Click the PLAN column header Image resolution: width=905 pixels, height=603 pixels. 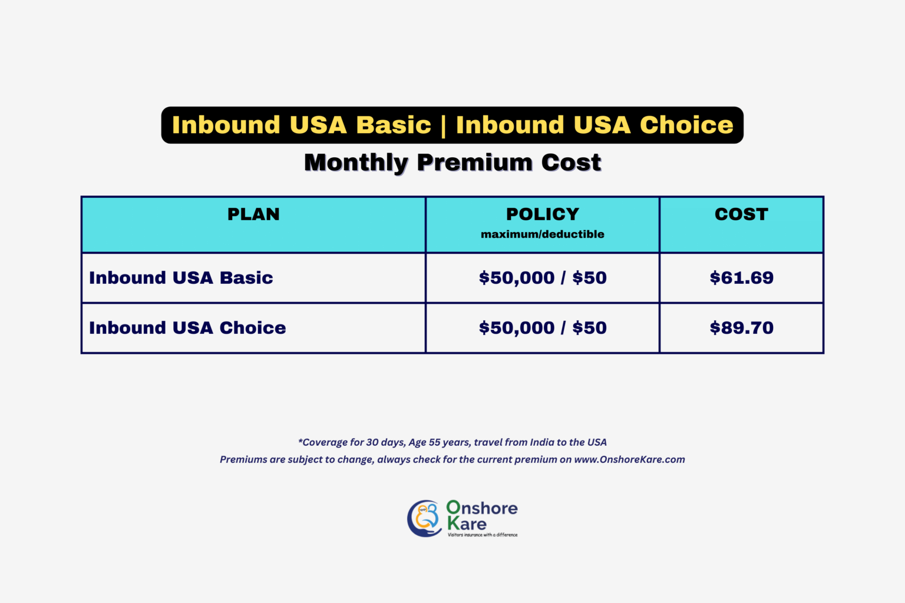click(253, 214)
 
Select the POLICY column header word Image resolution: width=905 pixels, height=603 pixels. click(543, 214)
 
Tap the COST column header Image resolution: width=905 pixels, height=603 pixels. click(741, 214)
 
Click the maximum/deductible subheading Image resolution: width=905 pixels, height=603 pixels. click(543, 234)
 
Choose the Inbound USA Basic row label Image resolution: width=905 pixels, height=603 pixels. click(181, 278)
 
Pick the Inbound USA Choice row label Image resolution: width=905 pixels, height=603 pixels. click(187, 328)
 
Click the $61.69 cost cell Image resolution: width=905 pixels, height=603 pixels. click(741, 278)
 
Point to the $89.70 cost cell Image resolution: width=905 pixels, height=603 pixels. click(741, 328)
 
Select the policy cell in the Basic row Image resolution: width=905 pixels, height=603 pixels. click(543, 278)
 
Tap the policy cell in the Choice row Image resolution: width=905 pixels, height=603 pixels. click(543, 328)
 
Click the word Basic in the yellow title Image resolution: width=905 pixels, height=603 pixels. click(394, 125)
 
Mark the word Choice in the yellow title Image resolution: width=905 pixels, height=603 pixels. click(686, 125)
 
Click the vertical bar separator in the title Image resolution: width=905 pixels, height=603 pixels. click(444, 125)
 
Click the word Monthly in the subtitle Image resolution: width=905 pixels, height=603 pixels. click(356, 163)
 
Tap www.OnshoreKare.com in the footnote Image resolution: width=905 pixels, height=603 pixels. click(629, 459)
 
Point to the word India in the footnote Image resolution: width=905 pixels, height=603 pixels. click(542, 442)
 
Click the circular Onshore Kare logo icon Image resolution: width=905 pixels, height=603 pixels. click(424, 518)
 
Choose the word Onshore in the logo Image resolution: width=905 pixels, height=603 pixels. click(482, 508)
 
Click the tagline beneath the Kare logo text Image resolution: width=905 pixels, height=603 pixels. click(483, 535)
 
